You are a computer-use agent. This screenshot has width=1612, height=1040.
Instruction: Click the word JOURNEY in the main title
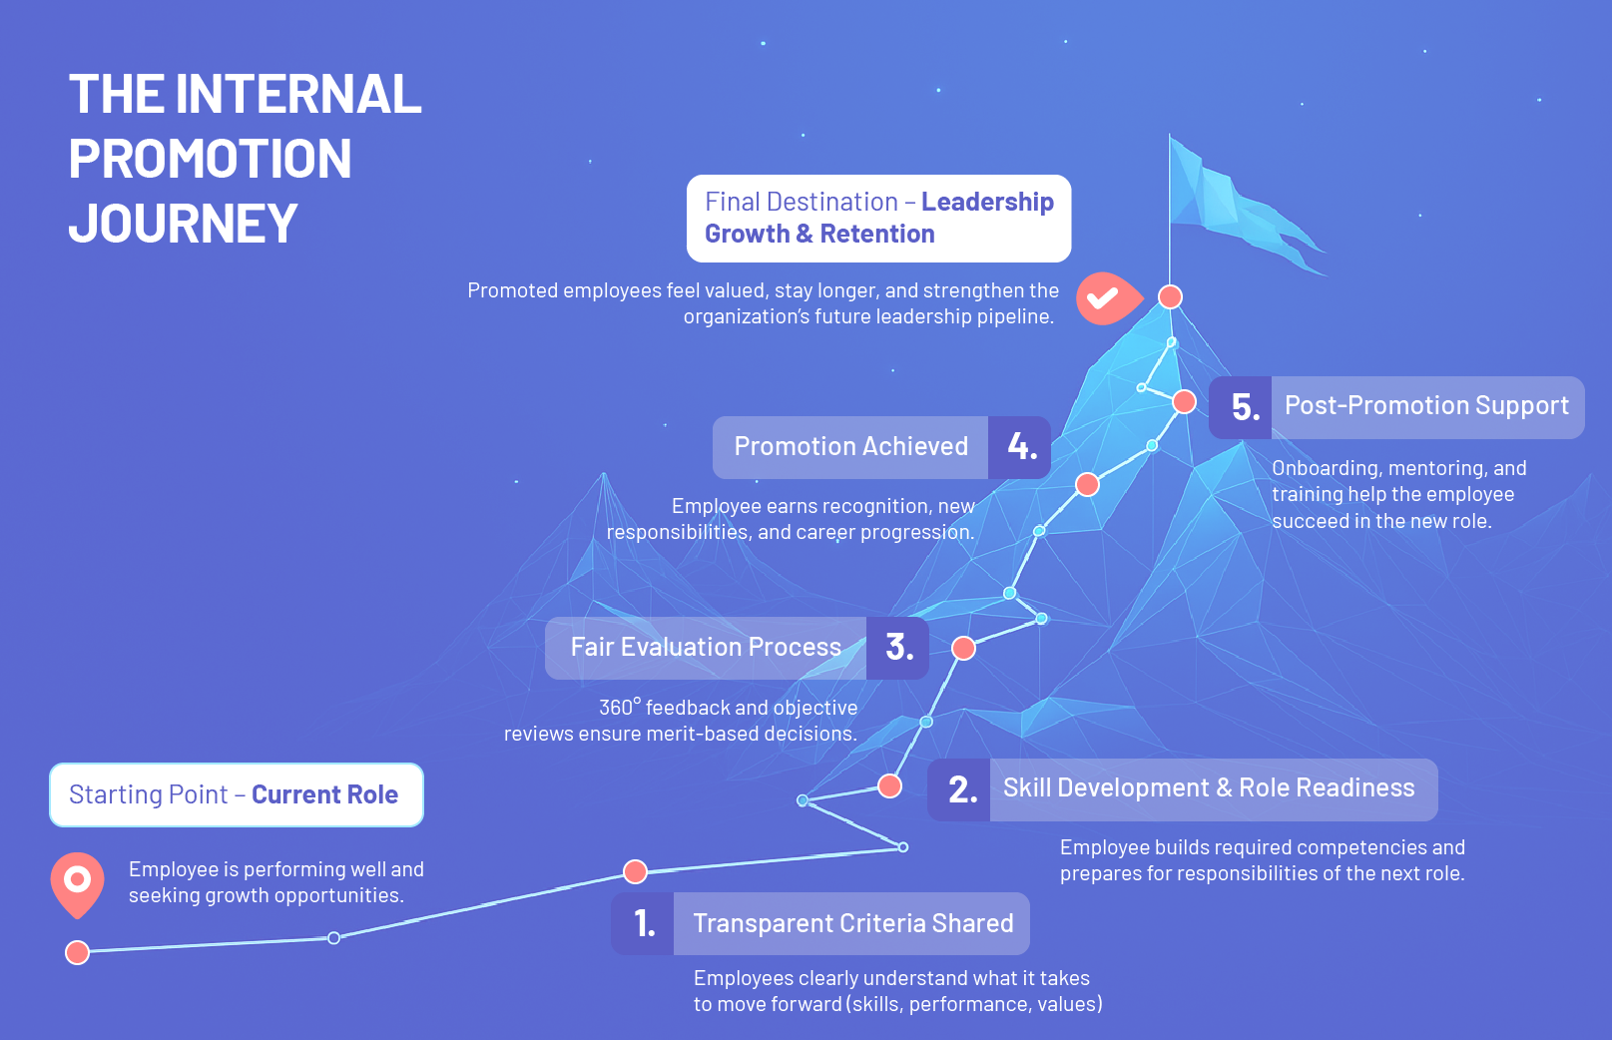click(184, 224)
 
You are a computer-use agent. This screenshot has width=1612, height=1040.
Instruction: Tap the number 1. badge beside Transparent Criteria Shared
click(644, 923)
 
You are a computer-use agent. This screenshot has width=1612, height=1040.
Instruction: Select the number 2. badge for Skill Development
click(960, 789)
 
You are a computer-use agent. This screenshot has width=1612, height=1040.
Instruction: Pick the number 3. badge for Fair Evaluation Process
click(898, 648)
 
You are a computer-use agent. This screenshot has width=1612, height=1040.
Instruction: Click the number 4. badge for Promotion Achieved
click(1020, 446)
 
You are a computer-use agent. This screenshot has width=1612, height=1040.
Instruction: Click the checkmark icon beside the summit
click(1105, 297)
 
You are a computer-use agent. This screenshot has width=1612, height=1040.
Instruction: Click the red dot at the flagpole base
click(1170, 296)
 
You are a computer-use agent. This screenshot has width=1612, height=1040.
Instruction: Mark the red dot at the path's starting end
click(77, 952)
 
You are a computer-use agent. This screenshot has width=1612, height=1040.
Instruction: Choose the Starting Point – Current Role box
click(237, 794)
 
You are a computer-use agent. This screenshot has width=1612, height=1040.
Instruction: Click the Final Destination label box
click(878, 218)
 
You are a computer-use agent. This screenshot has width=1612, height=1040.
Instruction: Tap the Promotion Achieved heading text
click(850, 446)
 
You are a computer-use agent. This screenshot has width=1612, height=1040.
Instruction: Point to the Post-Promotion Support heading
click(1426, 405)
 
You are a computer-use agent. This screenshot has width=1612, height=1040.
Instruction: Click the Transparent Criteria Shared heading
click(852, 923)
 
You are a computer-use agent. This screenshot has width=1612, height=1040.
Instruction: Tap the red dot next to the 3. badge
click(963, 648)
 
